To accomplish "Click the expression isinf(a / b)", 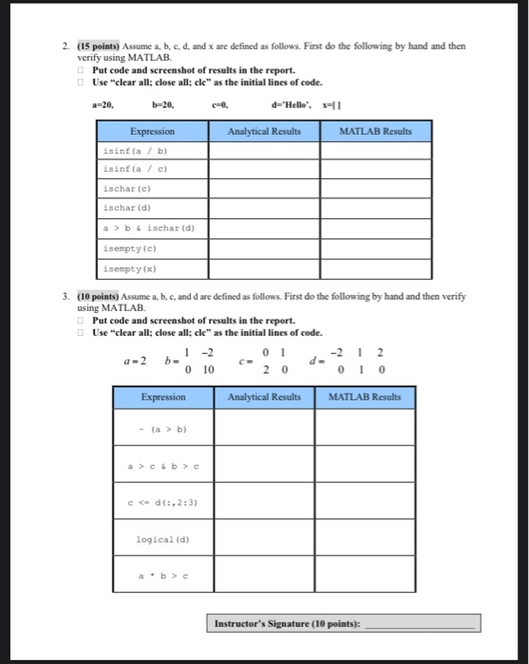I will pos(141,149).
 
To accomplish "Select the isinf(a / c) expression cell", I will pos(141,168).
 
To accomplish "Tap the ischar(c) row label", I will pos(125,188).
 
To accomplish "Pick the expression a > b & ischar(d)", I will pos(149,228).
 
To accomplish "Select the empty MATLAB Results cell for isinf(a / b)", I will pos(374,149).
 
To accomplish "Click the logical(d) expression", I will pos(157,538).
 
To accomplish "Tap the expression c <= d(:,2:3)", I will pos(157,502).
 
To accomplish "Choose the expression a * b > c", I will pos(157,575).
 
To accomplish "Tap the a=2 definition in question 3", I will pos(134,361).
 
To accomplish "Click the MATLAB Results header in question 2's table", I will pos(374,129).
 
